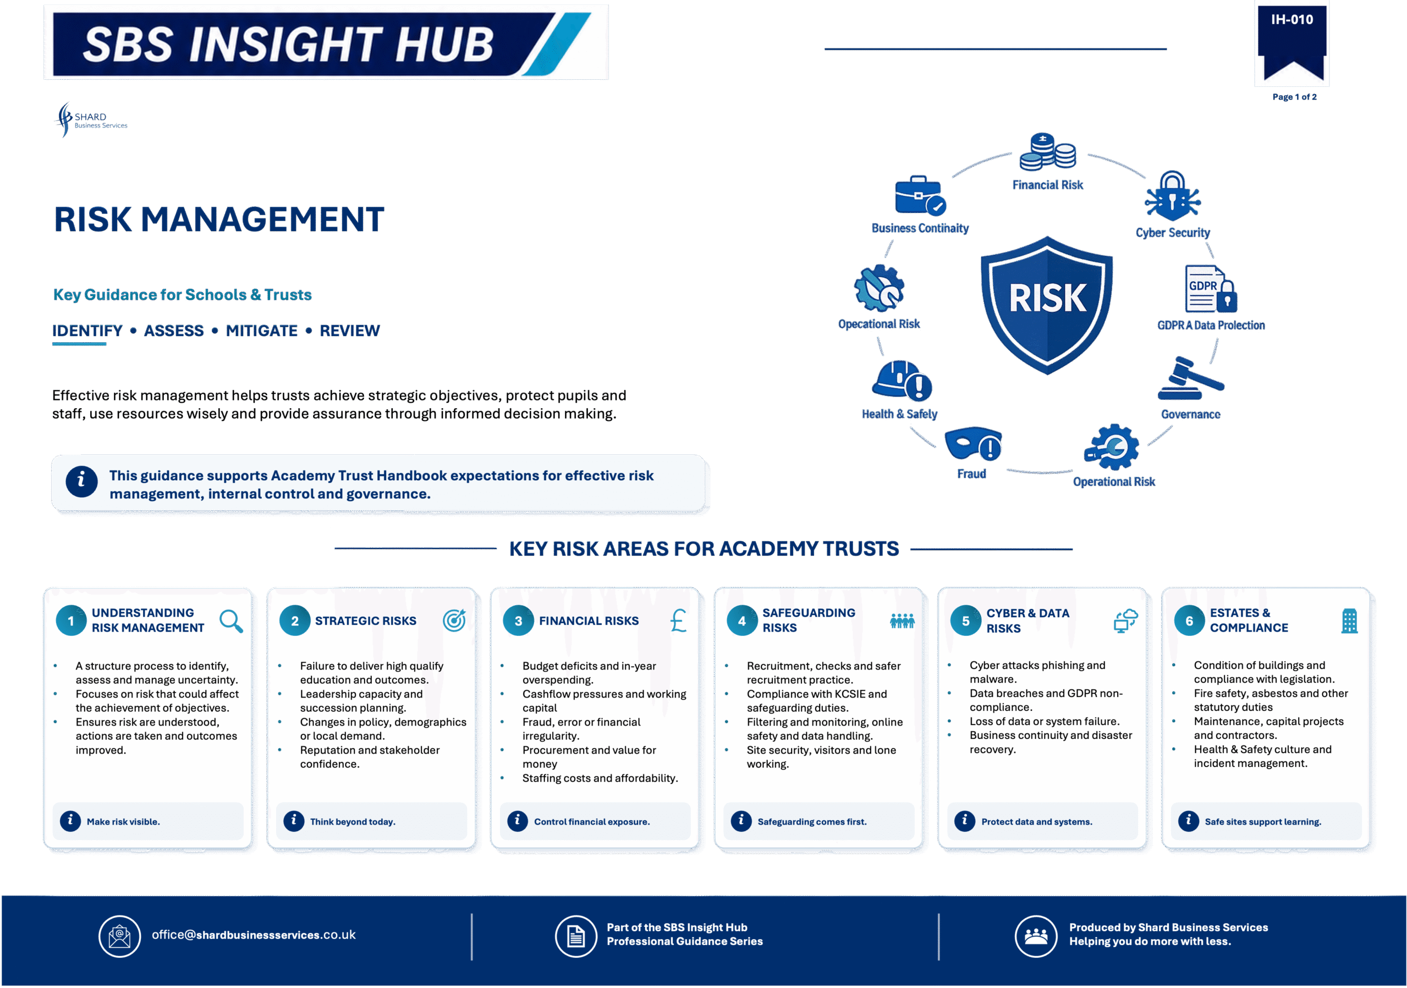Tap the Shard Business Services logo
pos(91,119)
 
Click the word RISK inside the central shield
pos(1047,299)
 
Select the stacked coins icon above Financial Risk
pos(1047,151)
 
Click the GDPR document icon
pos(1211,289)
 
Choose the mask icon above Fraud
pos(973,444)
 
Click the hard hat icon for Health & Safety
pos(902,381)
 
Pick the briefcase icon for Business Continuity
pos(920,195)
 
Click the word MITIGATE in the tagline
pos(262,331)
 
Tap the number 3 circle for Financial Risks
pos(519,621)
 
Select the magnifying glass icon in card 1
pos(231,621)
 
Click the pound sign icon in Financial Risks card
pos(678,621)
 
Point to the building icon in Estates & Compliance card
pos(1349,621)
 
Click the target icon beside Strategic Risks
pos(454,621)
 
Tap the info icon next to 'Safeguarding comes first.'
pos(741,821)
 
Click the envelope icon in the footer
pos(119,936)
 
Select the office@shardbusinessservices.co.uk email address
pos(254,935)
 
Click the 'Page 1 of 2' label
pos(1294,97)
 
